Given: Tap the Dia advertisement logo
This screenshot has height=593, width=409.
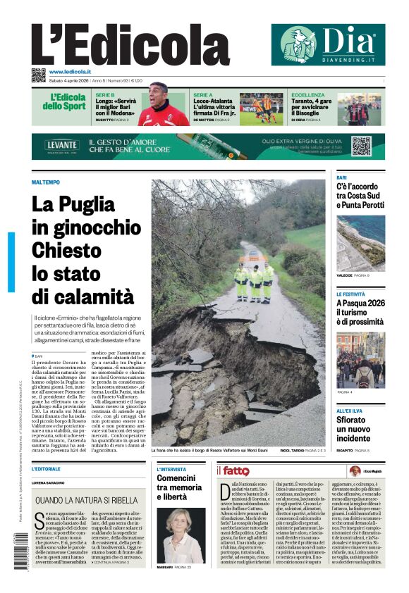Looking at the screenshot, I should pyautogui.click(x=328, y=44).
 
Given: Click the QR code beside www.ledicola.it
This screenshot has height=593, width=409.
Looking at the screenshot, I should pyautogui.click(x=38, y=74).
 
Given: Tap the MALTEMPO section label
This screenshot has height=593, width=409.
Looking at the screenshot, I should pyautogui.click(x=46, y=182).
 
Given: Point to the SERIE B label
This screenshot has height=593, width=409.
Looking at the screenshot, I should pyautogui.click(x=105, y=94).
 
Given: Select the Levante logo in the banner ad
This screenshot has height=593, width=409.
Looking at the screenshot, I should pyautogui.click(x=63, y=145).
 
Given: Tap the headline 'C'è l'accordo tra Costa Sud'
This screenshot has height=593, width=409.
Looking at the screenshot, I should pyautogui.click(x=360, y=195).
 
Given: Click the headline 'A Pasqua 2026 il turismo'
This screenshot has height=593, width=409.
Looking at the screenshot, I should pyautogui.click(x=360, y=312).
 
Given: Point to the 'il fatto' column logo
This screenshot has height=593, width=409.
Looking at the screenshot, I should pyautogui.click(x=233, y=470).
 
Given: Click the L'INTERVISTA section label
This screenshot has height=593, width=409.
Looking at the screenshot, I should pyautogui.click(x=171, y=468).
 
